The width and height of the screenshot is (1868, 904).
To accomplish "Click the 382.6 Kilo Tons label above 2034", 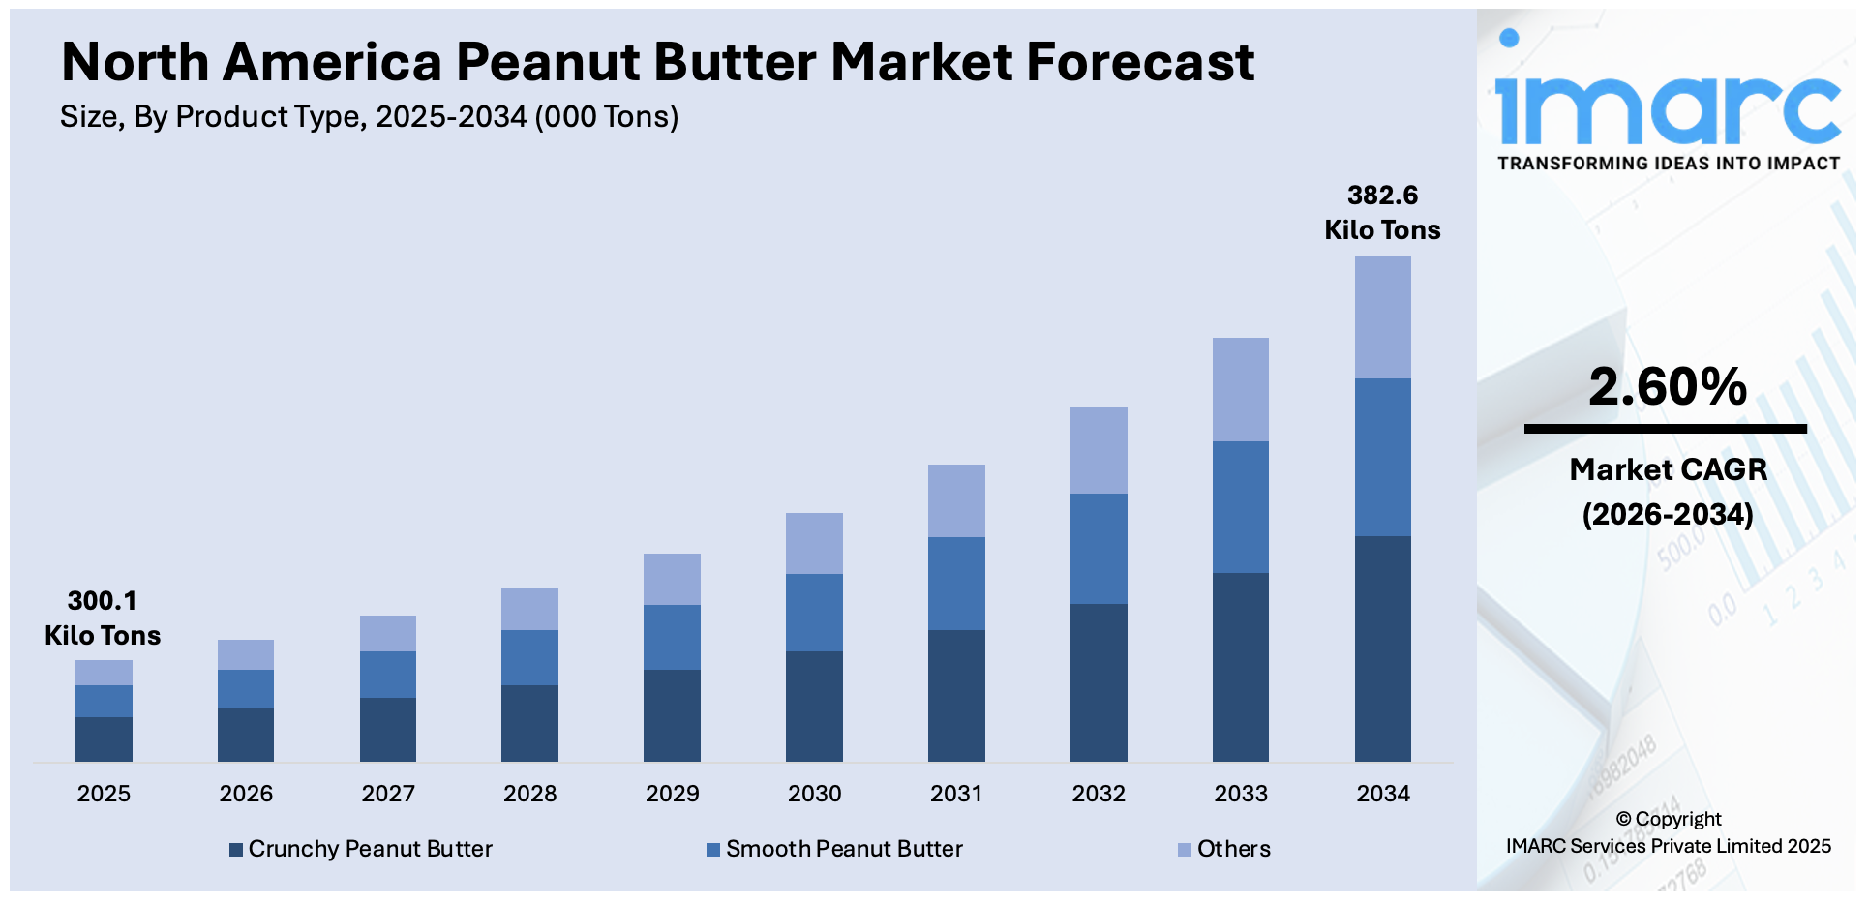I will tap(1382, 213).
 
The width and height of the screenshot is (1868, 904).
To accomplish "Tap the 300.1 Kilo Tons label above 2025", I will tap(103, 618).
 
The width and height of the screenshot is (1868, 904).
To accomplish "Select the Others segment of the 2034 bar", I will tap(1382, 317).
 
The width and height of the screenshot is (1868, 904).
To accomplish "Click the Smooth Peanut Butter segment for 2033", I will tap(1240, 507).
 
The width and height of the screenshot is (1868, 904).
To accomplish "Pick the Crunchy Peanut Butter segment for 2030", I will tap(814, 707).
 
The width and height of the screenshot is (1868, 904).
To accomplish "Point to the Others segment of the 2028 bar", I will tap(529, 609).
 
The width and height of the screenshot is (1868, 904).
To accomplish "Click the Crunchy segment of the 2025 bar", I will tap(104, 739).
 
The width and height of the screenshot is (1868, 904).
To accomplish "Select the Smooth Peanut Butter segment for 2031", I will tap(956, 584).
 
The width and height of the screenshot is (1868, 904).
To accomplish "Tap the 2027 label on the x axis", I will tap(388, 794).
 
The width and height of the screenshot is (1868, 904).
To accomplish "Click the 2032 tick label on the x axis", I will tap(1099, 794).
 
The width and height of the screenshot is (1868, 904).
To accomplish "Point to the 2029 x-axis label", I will tap(672, 794).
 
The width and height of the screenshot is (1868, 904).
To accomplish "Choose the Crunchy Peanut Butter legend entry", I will tap(361, 849).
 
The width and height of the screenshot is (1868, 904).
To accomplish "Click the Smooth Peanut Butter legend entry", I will tap(834, 849).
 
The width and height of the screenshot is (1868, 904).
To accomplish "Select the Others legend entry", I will tap(1224, 849).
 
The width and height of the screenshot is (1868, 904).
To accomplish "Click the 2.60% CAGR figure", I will tap(1668, 387).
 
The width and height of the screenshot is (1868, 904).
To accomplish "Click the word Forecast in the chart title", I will tap(1140, 63).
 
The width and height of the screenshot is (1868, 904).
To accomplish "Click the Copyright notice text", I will tap(1668, 832).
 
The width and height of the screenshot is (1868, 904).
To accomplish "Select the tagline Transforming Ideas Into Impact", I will tap(1668, 164).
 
